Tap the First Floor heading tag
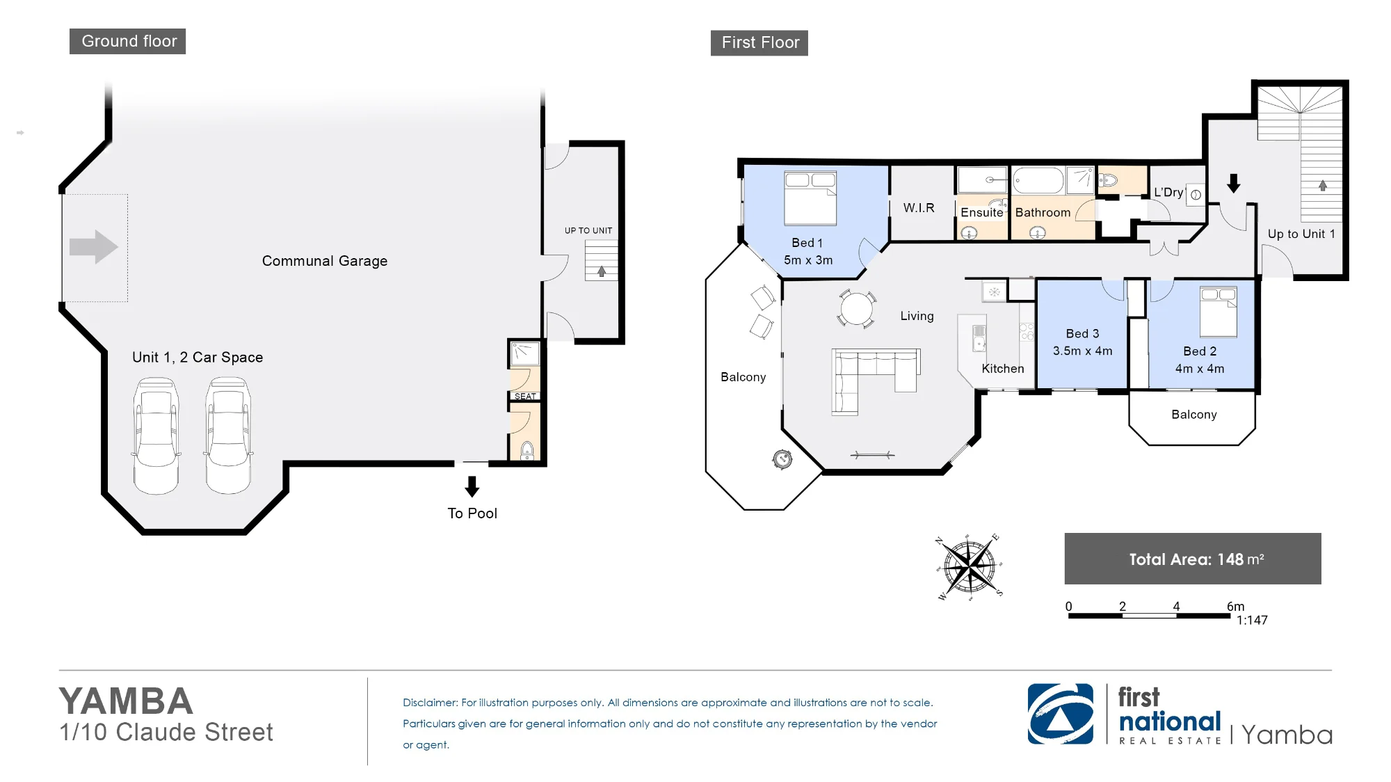pyautogui.click(x=759, y=42)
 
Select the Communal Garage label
pyautogui.click(x=325, y=261)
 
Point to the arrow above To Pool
pyautogui.click(x=472, y=486)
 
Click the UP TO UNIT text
pyautogui.click(x=588, y=230)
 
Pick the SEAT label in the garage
pyautogui.click(x=525, y=397)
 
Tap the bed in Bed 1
pyautogui.click(x=810, y=198)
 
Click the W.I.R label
pyautogui.click(x=919, y=208)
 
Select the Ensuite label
pyautogui.click(x=982, y=212)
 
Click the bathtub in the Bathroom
pyautogui.click(x=1038, y=180)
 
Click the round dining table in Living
pyautogui.click(x=857, y=308)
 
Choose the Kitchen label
pyautogui.click(x=1003, y=369)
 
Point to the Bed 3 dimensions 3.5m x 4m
pyautogui.click(x=1082, y=351)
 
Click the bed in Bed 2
pyautogui.click(x=1219, y=312)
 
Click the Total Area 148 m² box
pyautogui.click(x=1193, y=559)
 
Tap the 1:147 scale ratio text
pyautogui.click(x=1252, y=620)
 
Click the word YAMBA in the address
pyautogui.click(x=126, y=701)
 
